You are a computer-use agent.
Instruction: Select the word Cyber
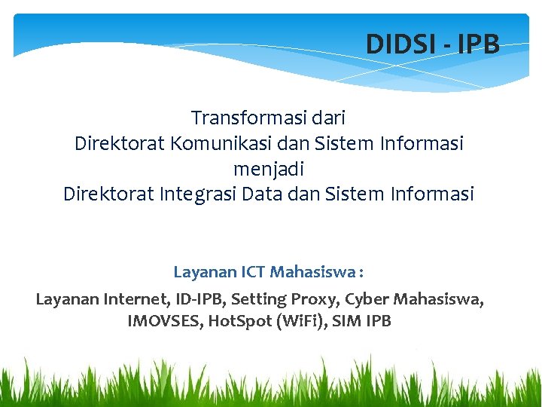367,299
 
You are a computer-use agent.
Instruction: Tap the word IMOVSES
165,322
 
